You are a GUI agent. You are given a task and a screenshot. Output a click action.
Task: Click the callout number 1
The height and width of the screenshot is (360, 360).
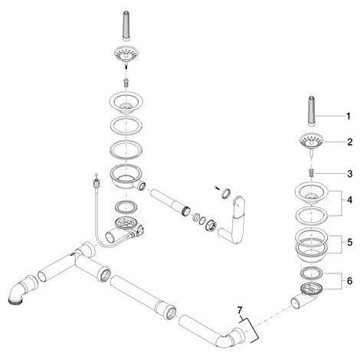click(349, 116)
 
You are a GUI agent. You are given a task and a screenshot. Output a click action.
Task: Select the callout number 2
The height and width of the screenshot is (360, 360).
click(350, 142)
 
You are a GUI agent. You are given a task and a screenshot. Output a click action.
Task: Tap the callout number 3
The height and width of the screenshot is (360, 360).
click(350, 174)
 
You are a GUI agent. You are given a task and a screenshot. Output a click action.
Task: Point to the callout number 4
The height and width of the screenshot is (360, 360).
click(349, 200)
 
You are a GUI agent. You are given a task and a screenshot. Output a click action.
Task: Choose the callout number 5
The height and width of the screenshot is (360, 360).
click(349, 242)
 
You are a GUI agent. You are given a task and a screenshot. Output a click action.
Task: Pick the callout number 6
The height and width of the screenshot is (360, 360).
click(349, 281)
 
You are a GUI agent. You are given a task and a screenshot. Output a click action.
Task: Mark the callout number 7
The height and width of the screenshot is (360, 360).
click(240, 311)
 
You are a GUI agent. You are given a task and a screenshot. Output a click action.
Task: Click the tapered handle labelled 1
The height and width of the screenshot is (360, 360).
click(312, 111)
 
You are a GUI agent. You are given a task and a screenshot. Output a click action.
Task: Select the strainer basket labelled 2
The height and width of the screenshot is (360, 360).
click(312, 142)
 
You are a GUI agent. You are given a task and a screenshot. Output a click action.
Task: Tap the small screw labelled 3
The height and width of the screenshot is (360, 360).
click(312, 173)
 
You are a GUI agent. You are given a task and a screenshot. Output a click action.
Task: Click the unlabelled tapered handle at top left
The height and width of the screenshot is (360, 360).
click(126, 26)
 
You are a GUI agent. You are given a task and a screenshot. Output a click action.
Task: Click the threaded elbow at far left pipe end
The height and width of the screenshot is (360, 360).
click(21, 289)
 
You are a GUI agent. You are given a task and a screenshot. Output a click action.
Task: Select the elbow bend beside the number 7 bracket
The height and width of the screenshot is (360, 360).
click(231, 338)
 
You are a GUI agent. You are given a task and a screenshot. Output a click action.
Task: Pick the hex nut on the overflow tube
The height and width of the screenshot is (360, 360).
click(211, 224)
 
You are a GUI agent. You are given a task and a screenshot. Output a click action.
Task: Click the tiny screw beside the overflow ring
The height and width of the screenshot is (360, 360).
click(217, 188)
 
